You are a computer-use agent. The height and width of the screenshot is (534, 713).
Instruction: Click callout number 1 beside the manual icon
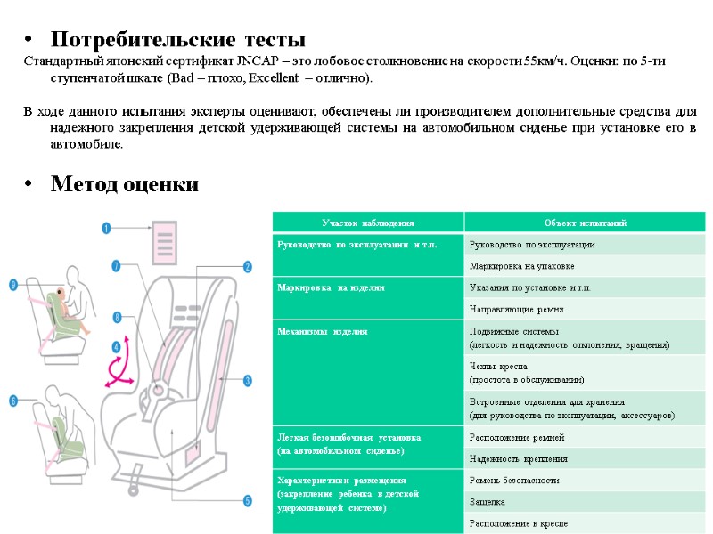click(106, 228)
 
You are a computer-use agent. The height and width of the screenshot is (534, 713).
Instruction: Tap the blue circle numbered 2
click(247, 265)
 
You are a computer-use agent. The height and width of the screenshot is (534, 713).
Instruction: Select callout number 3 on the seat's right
click(247, 380)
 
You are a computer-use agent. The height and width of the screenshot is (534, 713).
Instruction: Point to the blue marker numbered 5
click(247, 501)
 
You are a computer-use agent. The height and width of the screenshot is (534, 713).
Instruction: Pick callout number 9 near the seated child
click(13, 285)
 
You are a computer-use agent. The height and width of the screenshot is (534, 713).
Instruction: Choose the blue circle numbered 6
click(13, 401)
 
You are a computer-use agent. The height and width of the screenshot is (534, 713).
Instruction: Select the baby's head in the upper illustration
click(59, 291)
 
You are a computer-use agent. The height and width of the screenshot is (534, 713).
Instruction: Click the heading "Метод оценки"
click(125, 184)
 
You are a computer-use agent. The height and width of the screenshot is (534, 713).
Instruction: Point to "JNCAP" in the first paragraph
click(258, 61)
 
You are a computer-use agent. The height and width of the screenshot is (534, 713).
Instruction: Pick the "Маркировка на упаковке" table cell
click(521, 266)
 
